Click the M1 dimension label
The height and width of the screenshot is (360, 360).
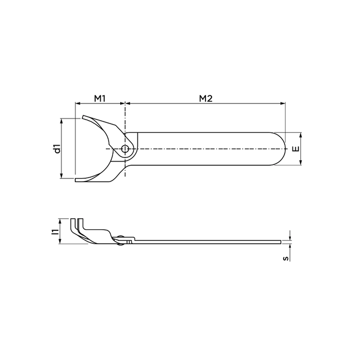[x=100, y=99]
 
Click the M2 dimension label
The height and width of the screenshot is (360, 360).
[x=205, y=99]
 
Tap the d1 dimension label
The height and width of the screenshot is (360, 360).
[x=58, y=148]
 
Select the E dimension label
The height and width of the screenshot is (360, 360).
[x=296, y=148]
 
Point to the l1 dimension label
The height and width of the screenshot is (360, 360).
[x=55, y=232]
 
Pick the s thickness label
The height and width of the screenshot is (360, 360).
[x=285, y=259]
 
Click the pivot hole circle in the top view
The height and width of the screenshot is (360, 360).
[x=125, y=149]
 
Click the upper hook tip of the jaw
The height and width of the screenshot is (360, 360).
[x=83, y=117]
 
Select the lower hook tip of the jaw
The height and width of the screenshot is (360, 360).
[x=76, y=180]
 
